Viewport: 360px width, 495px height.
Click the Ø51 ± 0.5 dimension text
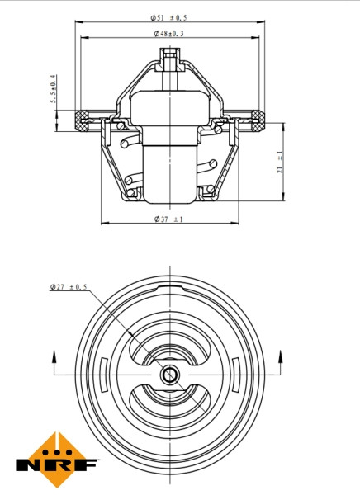168,17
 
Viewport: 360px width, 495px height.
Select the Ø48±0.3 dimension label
168,33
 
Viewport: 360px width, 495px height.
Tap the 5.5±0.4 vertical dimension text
54,92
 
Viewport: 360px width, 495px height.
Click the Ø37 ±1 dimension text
168,219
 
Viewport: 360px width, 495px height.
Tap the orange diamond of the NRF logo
57,449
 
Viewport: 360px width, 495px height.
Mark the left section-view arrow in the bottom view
54,360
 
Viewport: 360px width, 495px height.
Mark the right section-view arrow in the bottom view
282,360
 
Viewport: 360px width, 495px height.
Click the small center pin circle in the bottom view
169,376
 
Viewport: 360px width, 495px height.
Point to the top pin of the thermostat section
169,59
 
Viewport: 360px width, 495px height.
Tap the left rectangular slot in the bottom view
100,376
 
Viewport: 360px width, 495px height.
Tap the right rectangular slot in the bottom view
239,376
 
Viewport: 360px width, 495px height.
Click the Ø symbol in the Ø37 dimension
157,219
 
